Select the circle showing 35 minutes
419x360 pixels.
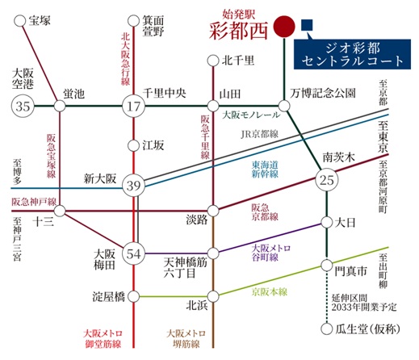[22, 106]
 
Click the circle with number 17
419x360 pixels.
[132, 106]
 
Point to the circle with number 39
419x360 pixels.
[132, 186]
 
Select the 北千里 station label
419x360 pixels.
[238, 60]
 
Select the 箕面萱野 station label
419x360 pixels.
[153, 26]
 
